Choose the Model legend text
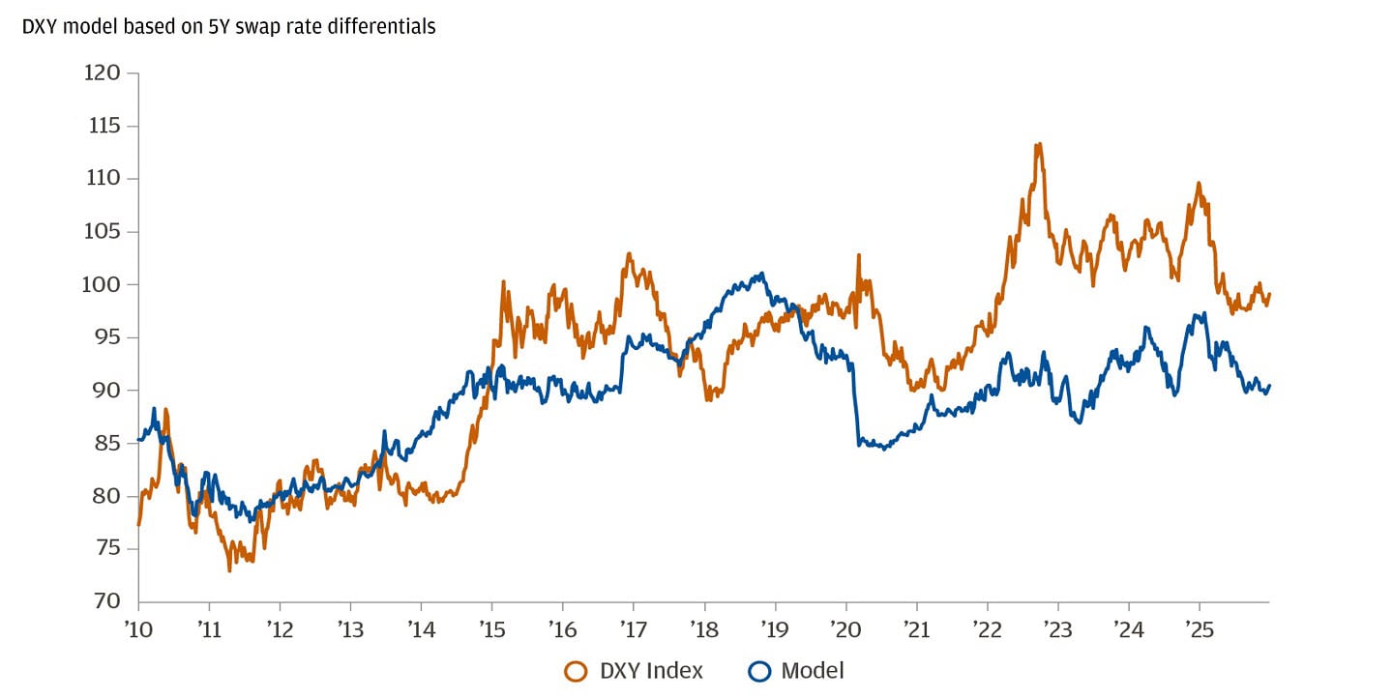pyautogui.click(x=812, y=670)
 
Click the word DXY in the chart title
pyautogui.click(x=40, y=27)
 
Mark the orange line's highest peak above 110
pyautogui.click(x=1038, y=144)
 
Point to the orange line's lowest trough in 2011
pyautogui.click(x=229, y=570)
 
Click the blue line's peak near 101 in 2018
pyautogui.click(x=762, y=274)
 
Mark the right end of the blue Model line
pyautogui.click(x=1268, y=386)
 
